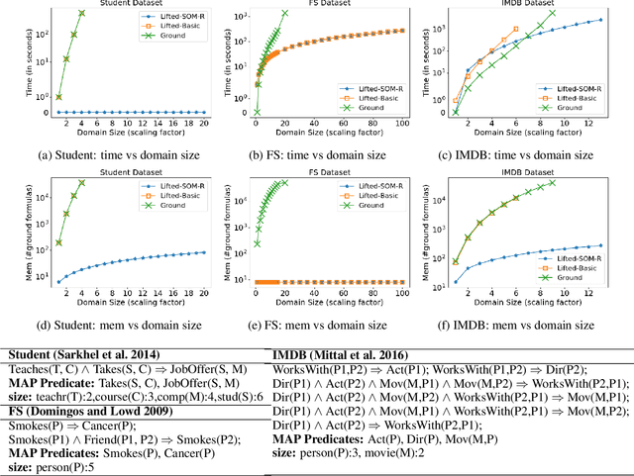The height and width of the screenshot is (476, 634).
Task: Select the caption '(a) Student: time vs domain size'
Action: click(115, 154)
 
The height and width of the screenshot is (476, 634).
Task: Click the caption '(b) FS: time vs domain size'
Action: click(322, 154)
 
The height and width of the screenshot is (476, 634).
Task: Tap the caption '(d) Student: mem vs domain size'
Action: click(115, 325)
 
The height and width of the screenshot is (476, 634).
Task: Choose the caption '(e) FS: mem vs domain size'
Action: click(322, 325)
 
